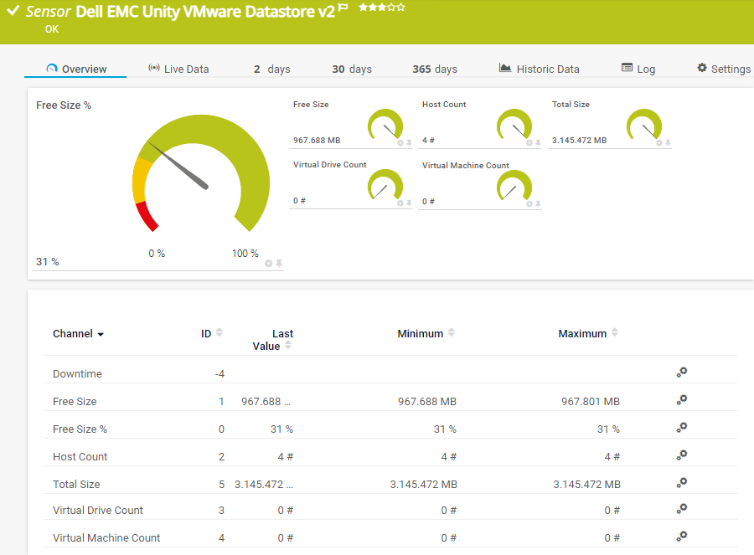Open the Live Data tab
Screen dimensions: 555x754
pyautogui.click(x=178, y=69)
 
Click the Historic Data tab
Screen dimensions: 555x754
pyautogui.click(x=540, y=69)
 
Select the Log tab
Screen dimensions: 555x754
pyautogui.click(x=638, y=69)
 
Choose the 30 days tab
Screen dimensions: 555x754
pyautogui.click(x=352, y=69)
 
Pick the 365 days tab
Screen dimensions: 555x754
pyautogui.click(x=435, y=69)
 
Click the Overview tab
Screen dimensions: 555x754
pyautogui.click(x=77, y=69)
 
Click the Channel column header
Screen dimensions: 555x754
pyautogui.click(x=73, y=333)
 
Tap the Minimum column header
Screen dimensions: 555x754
pyautogui.click(x=421, y=333)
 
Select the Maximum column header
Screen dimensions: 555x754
pyautogui.click(x=582, y=333)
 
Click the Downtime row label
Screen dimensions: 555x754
pyautogui.click(x=77, y=373)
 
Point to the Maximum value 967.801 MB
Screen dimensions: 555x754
pyautogui.click(x=591, y=402)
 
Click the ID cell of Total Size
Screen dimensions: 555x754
pyautogui.click(x=221, y=484)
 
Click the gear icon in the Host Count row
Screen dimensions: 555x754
pyautogui.click(x=682, y=455)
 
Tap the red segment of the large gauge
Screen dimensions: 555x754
pyautogui.click(x=147, y=216)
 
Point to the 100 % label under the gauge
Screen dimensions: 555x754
pyautogui.click(x=245, y=254)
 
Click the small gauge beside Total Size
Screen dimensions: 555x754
pyautogui.click(x=644, y=126)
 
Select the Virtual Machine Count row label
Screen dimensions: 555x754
pyautogui.click(x=106, y=537)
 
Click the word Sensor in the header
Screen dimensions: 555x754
pyautogui.click(x=48, y=11)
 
